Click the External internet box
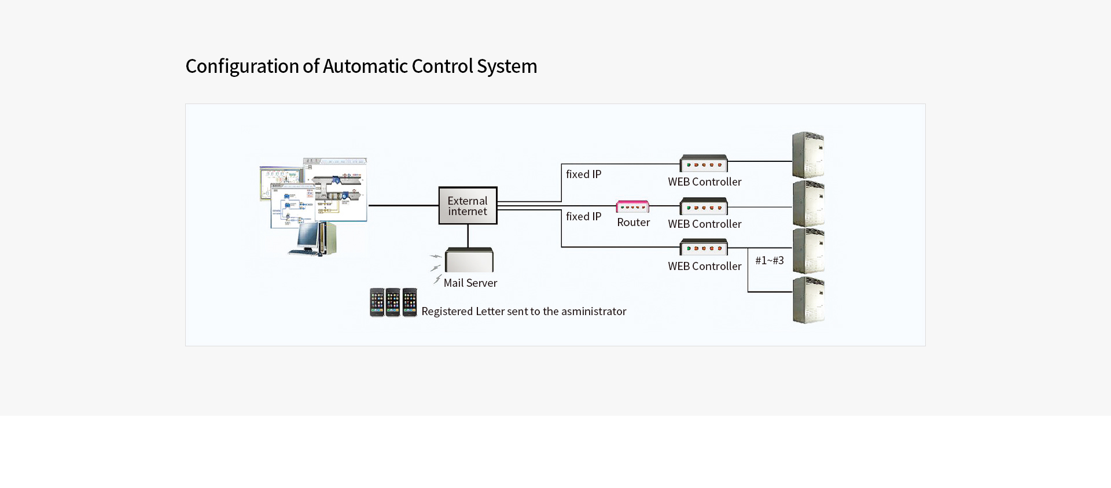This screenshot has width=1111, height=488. coord(468,205)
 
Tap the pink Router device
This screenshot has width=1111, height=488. coord(632,206)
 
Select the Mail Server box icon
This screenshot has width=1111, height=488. coord(469,260)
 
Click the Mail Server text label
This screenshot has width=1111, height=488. coord(470,283)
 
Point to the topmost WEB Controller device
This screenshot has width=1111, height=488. coord(704,163)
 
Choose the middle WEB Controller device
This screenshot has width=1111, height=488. coord(704,206)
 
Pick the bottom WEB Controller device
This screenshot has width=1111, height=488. coord(704,247)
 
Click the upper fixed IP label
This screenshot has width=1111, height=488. coord(583,174)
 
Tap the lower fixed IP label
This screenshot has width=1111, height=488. coord(583,216)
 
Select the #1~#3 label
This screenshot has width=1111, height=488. coord(770,260)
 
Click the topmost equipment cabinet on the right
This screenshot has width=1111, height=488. coord(808,155)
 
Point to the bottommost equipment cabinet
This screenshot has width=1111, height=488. coord(808,300)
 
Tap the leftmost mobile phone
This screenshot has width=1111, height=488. coord(377,302)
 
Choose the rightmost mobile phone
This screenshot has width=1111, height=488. coord(410,302)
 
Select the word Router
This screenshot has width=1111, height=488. coord(634,223)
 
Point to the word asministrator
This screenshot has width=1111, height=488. coord(594,311)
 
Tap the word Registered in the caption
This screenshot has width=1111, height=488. coord(447,312)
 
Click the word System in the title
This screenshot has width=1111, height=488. coord(507,66)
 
